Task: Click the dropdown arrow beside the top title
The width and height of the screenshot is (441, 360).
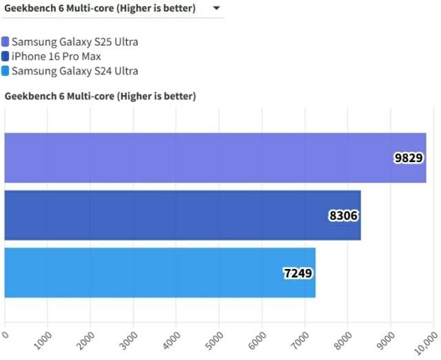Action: click(x=216, y=8)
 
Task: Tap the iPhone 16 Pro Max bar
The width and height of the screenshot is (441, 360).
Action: click(x=183, y=215)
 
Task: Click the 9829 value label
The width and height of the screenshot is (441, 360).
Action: click(x=409, y=158)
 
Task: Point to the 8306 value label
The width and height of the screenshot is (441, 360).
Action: click(x=344, y=215)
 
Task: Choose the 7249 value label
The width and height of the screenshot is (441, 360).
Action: click(x=298, y=272)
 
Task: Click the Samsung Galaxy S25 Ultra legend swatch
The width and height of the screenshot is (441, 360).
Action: click(x=6, y=42)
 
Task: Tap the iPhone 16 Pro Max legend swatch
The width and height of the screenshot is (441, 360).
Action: click(x=6, y=57)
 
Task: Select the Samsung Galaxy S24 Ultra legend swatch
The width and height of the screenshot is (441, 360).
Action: click(x=6, y=71)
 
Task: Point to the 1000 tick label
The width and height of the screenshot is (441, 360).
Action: click(x=44, y=339)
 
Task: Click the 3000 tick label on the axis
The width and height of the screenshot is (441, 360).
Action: click(x=130, y=339)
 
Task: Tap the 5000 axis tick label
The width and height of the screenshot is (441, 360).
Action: click(x=216, y=339)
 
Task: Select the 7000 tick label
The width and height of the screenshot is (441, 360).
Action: click(x=302, y=339)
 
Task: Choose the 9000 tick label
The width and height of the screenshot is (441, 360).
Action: click(x=387, y=339)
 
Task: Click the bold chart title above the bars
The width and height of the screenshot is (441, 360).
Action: click(x=101, y=97)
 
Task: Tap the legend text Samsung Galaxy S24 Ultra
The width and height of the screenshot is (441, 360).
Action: click(x=75, y=71)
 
